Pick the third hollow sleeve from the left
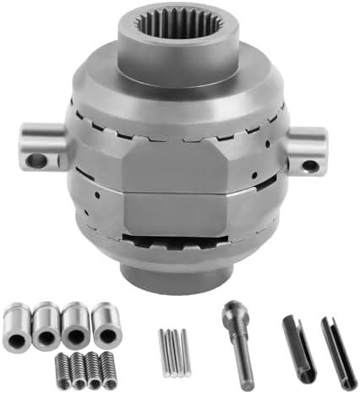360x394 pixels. pos(74,323)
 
